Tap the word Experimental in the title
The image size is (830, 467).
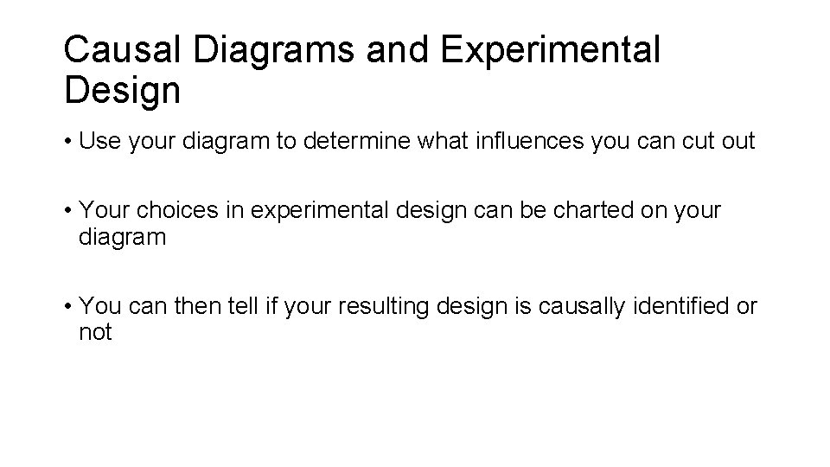(x=549, y=51)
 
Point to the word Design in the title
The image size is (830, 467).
(x=122, y=89)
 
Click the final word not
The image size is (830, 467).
(x=95, y=332)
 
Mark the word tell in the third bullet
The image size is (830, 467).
(x=220, y=306)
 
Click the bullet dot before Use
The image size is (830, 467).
(x=67, y=142)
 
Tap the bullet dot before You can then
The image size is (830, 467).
(x=67, y=307)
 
